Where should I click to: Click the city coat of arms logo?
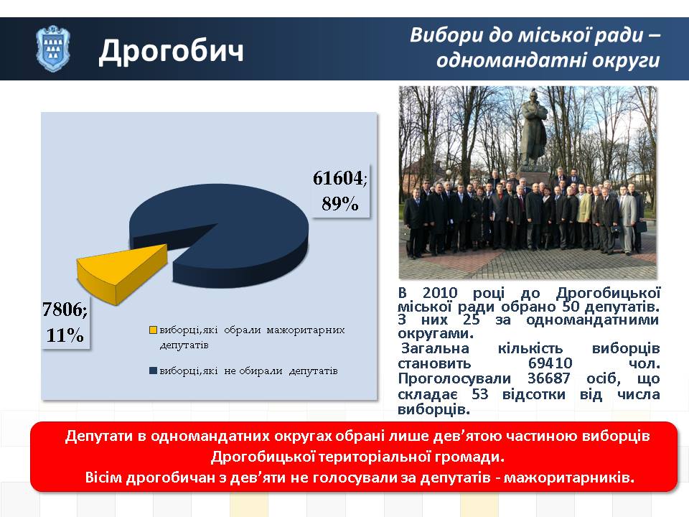click(52, 49)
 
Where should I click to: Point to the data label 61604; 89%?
click(340, 191)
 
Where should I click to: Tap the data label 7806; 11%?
click(65, 322)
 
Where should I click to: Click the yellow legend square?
click(153, 330)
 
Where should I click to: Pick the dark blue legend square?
click(153, 371)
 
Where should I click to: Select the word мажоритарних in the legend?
click(306, 330)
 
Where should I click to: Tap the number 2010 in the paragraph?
click(440, 293)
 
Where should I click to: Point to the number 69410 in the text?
click(550, 363)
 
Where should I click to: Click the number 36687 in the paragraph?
click(549, 378)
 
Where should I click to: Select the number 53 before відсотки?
click(480, 394)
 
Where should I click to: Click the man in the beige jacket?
click(583, 215)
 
